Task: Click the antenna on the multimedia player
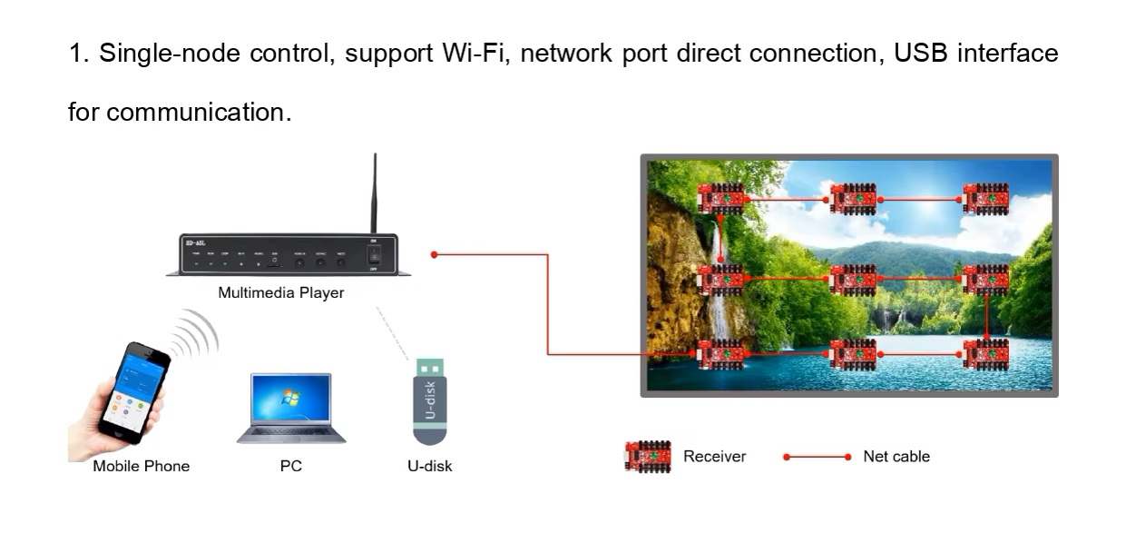tap(374, 194)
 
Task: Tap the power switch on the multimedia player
tap(373, 255)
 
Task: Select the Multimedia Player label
tap(281, 293)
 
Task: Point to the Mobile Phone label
tap(141, 467)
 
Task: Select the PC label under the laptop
tap(291, 467)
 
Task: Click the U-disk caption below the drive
tap(429, 467)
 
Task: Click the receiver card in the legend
tap(648, 456)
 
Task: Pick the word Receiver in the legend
tap(714, 457)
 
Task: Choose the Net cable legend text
tap(896, 457)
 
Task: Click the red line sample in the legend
tap(817, 457)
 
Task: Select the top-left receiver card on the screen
tap(721, 198)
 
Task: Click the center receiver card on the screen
tap(853, 279)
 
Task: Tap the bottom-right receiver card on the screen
tap(985, 353)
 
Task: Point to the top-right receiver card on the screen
tap(985, 198)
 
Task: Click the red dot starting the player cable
tap(435, 255)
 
